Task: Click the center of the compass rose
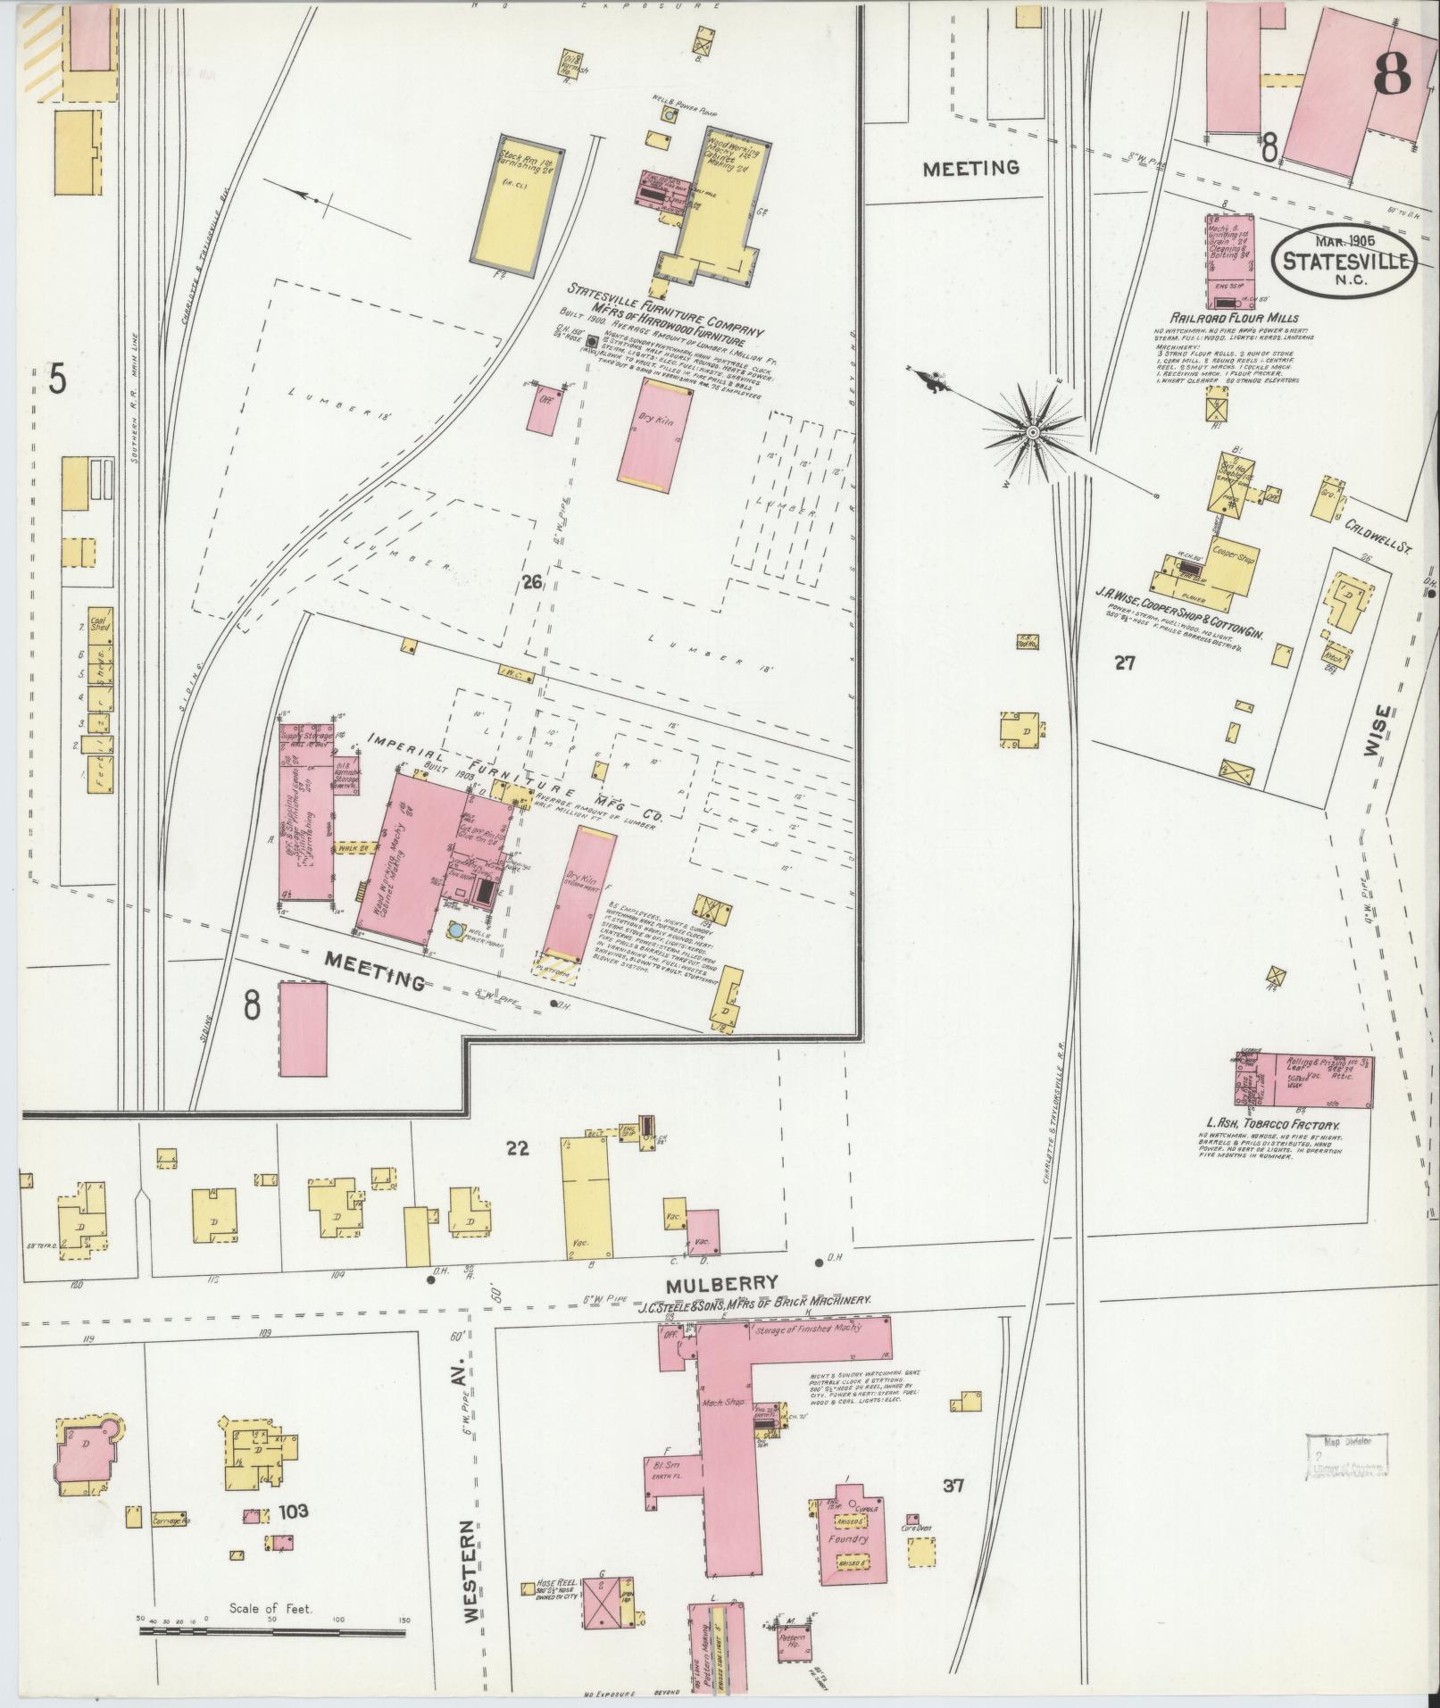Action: [1032, 432]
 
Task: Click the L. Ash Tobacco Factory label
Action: [1273, 1125]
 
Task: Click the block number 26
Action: [532, 583]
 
